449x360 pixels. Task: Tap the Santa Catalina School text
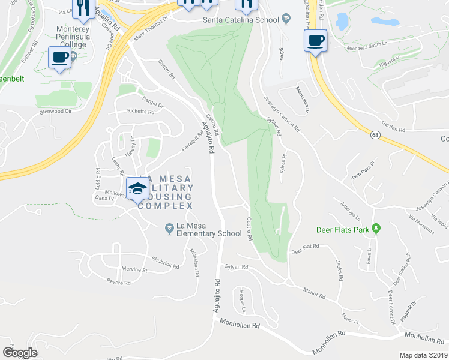coord(241,20)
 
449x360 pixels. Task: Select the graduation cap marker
coord(137,189)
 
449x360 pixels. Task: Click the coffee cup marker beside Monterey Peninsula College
coord(59,58)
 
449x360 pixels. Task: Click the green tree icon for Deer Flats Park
coord(376,229)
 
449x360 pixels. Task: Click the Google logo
coord(20,352)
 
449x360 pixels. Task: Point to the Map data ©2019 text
coord(423,355)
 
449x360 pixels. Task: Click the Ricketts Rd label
coord(141,112)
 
